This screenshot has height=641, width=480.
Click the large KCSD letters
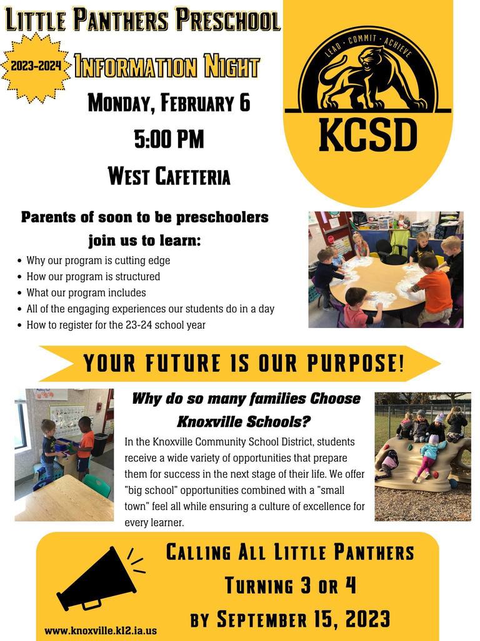367,135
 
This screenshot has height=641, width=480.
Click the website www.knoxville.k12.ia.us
101,630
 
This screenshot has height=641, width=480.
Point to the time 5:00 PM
169,138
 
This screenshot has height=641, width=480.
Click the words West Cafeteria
169,176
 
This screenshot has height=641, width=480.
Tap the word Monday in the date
121,103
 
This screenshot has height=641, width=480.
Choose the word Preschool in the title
228,20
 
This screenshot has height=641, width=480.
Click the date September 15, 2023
303,619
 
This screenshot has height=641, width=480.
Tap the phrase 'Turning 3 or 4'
291,585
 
